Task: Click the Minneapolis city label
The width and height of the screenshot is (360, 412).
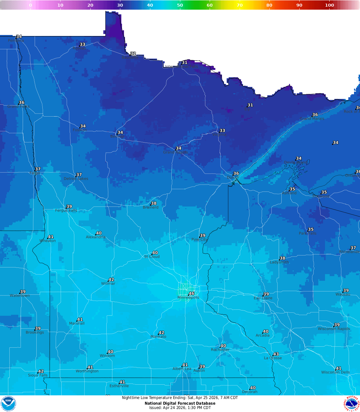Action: [188, 297]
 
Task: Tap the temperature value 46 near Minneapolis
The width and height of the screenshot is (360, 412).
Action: [192, 293]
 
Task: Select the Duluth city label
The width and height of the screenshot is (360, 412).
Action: [233, 178]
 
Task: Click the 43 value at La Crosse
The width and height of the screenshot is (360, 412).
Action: [276, 354]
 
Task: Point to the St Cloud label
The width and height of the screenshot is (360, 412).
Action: [152, 256]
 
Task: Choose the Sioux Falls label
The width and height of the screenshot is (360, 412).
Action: [38, 375]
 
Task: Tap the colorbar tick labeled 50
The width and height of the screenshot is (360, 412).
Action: [180, 5]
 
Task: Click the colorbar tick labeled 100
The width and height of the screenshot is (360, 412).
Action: [329, 5]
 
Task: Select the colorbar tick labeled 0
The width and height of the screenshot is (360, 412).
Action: [31, 5]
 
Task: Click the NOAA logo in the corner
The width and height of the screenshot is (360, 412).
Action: [8, 403]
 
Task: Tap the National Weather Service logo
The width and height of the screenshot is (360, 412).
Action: [352, 403]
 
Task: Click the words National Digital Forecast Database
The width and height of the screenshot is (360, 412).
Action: [180, 403]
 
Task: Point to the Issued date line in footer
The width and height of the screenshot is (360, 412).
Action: [180, 408]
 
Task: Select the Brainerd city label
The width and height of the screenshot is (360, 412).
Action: [151, 207]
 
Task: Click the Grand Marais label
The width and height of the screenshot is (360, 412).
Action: [312, 119]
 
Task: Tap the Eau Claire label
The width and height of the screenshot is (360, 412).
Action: [263, 298]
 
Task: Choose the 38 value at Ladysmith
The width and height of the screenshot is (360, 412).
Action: [283, 258]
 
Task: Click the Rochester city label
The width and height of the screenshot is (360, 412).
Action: [220, 350]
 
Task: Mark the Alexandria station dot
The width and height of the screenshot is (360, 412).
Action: [96, 234]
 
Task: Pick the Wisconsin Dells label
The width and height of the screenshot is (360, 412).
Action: [335, 372]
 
